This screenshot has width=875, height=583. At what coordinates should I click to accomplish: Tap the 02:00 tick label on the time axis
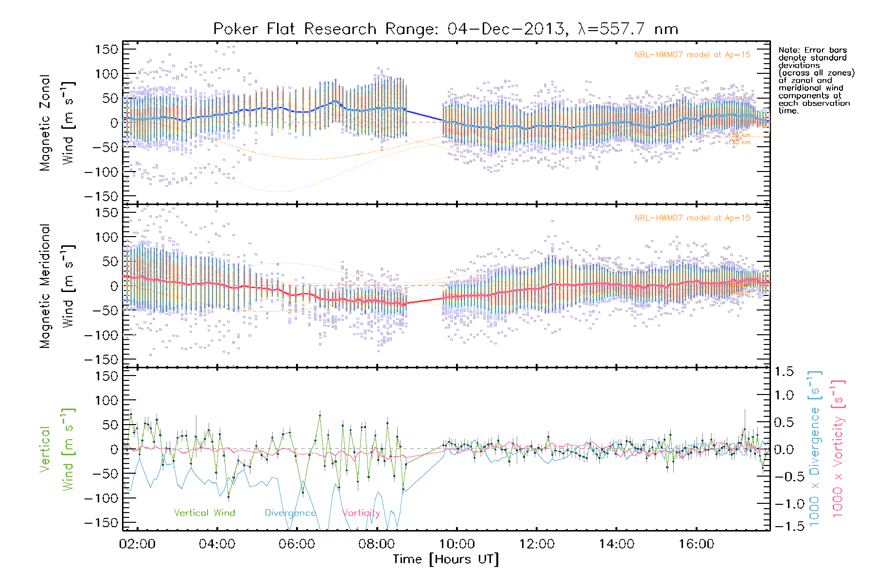pos(137,544)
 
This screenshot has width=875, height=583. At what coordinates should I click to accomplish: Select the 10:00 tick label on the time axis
pos(457,544)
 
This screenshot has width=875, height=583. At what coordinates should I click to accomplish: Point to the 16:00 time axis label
pos(696,544)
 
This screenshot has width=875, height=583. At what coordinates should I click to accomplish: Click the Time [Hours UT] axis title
pos(446,560)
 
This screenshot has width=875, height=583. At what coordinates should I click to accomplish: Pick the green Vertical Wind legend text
pos(204,513)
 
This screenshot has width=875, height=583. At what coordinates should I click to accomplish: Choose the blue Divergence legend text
pos(290,513)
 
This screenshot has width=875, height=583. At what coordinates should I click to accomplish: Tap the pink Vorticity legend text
pos(361,513)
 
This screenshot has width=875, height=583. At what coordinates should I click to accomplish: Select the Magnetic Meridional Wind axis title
pos(56,286)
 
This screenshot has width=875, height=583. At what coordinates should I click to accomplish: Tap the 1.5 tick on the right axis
pos(784,372)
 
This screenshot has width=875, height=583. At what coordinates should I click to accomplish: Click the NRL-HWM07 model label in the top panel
pos(692,55)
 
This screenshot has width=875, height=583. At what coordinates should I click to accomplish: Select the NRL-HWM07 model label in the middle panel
pos(692,218)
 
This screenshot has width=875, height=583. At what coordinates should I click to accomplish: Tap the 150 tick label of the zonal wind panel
pos(106,49)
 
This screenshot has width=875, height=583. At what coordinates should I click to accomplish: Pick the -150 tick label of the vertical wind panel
pos(101,523)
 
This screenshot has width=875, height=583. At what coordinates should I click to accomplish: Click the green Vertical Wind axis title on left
pos(56,449)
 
